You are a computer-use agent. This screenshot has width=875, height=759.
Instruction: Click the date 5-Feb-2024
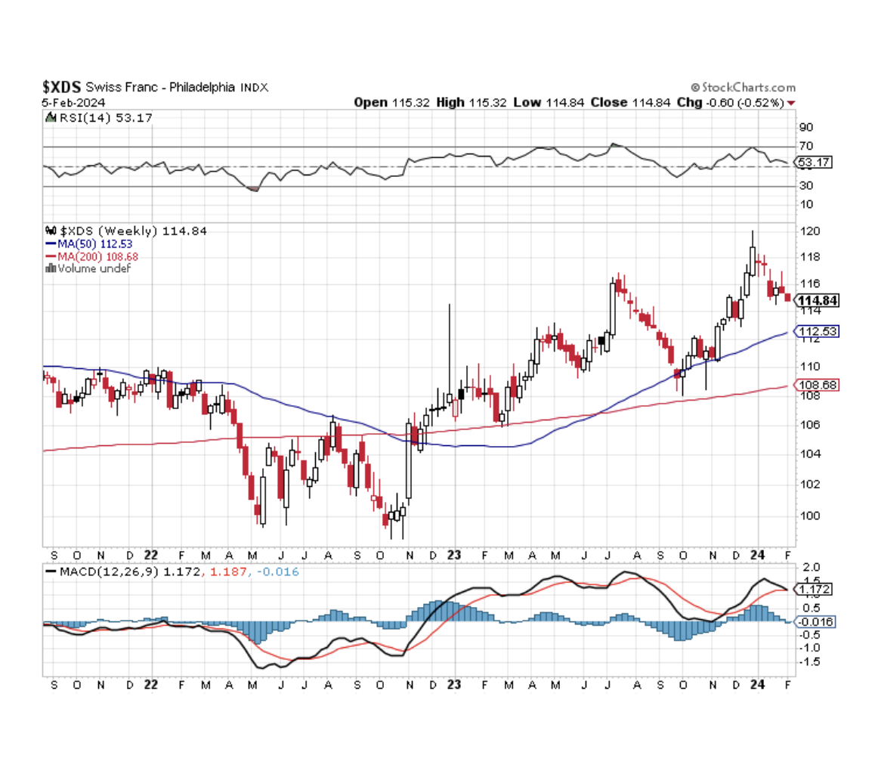pyautogui.click(x=73, y=102)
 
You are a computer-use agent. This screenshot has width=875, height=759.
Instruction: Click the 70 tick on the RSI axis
pyautogui.click(x=805, y=146)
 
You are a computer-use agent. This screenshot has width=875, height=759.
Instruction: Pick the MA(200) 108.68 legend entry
pyautogui.click(x=95, y=256)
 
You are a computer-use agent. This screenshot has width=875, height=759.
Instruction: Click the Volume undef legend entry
pyautogui.click(x=88, y=268)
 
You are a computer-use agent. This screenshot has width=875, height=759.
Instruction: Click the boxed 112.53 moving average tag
pyautogui.click(x=817, y=331)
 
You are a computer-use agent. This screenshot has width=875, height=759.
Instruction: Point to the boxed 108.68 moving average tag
pyautogui.click(x=817, y=385)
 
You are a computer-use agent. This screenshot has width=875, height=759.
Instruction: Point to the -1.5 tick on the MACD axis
pyautogui.click(x=809, y=661)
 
